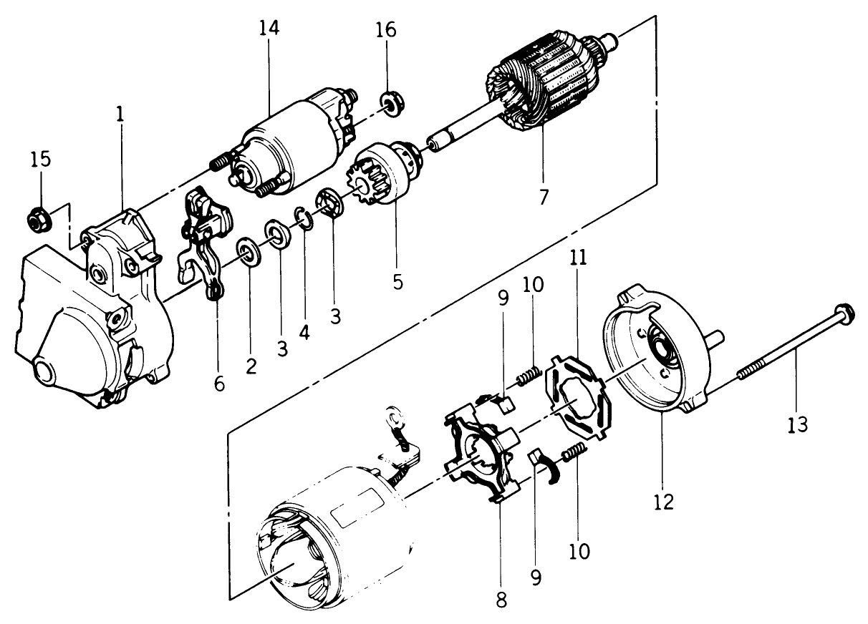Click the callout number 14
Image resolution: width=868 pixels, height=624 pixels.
[270, 29]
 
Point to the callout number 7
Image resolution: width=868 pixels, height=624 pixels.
[544, 197]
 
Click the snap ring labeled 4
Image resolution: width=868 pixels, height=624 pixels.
[304, 219]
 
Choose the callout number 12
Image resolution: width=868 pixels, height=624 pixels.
[664, 501]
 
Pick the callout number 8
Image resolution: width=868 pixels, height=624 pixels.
[501, 600]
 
